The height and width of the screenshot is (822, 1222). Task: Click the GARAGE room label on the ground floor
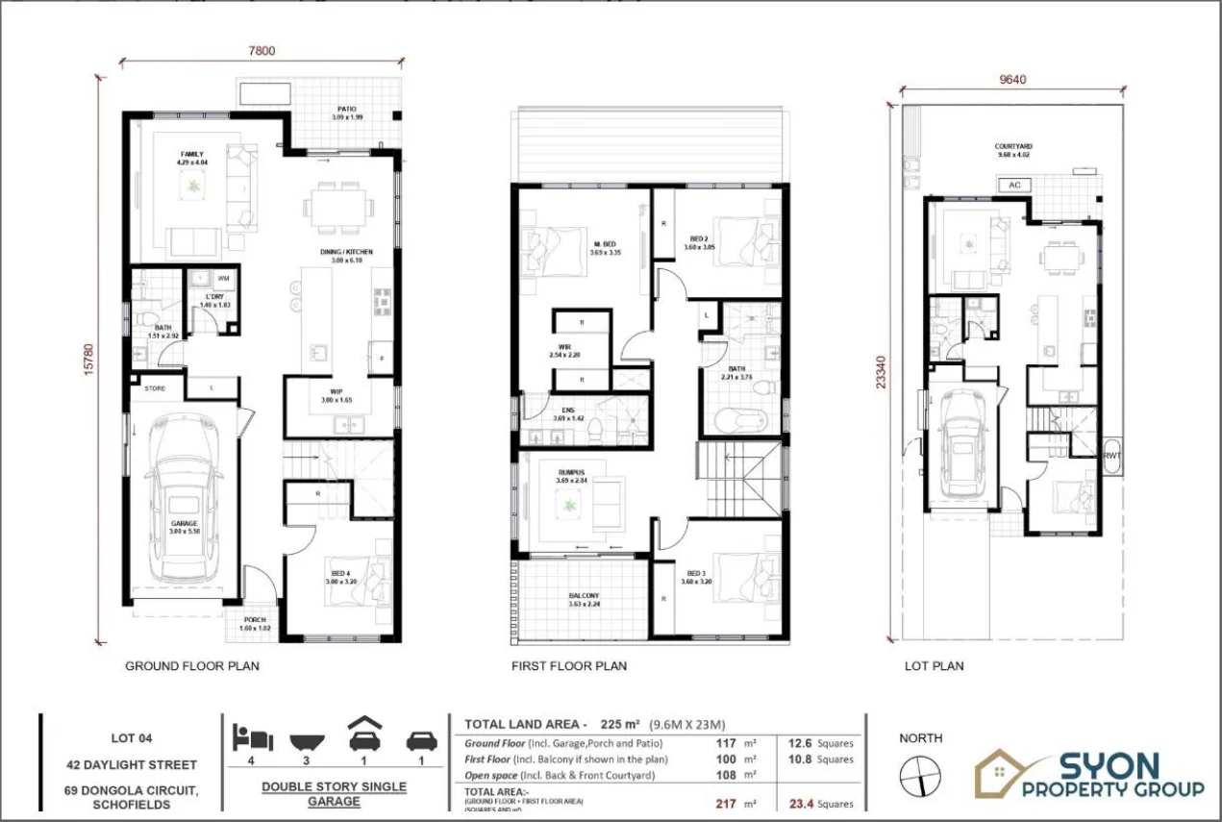[183, 524]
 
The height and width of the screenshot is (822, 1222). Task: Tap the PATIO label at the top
[347, 110]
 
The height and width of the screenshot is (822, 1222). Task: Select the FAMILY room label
[192, 154]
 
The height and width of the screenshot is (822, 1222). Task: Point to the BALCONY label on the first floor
[583, 596]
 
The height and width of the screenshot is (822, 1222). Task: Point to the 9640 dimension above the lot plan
[1013, 81]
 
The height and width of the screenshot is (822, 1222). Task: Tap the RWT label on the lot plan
[1111, 456]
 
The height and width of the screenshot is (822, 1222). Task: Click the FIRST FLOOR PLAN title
[568, 665]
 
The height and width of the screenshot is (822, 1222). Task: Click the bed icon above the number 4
[253, 738]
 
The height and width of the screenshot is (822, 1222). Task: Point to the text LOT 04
[133, 739]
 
